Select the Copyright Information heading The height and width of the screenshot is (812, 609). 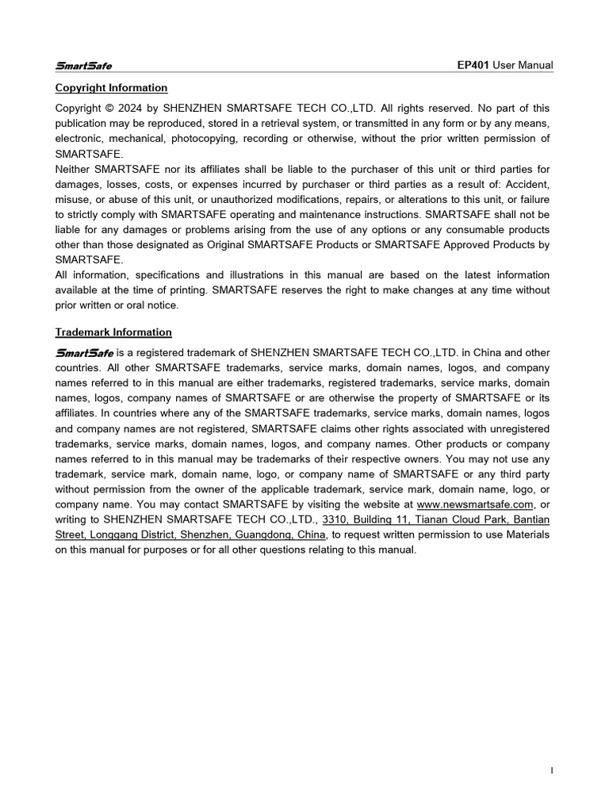click(111, 88)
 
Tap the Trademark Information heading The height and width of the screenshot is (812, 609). click(113, 332)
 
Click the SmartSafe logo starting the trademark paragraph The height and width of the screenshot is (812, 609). click(84, 353)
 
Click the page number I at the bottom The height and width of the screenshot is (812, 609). click(551, 770)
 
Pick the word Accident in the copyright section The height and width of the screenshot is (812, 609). click(527, 184)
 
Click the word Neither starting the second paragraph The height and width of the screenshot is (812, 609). click(73, 169)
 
